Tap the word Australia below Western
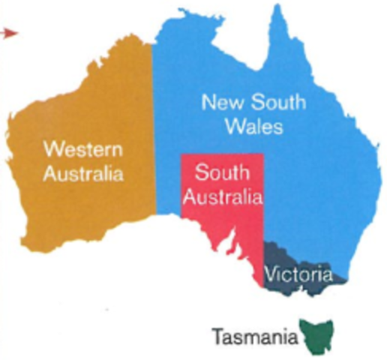pos(83,174)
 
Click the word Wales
pos(253,127)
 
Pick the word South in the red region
pos(221,173)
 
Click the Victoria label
pos(299,274)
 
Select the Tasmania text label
pos(253,335)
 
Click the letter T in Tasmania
pos(217,335)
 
